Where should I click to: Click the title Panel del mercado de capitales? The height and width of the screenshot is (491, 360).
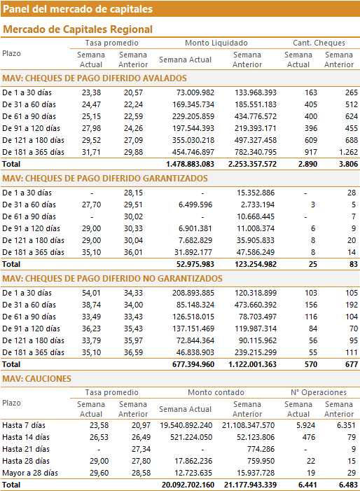[x=78, y=9]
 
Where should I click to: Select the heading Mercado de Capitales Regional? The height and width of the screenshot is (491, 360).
[x=78, y=29]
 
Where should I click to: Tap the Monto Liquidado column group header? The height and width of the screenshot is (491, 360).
[x=216, y=43]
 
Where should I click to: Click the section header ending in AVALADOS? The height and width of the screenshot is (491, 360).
[x=95, y=78]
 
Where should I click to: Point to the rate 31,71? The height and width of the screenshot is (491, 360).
[x=91, y=152]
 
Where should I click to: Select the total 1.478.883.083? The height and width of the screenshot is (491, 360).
[x=190, y=164]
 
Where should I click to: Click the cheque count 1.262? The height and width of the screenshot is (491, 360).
[x=348, y=152]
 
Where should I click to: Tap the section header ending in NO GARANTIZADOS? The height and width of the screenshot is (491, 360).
[x=112, y=279]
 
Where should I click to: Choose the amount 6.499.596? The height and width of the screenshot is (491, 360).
[x=195, y=205]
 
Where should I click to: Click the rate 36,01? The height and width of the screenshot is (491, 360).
[x=133, y=252]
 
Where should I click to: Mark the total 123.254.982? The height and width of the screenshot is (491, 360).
[x=256, y=264]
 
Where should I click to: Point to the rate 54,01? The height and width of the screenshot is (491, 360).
[x=91, y=293]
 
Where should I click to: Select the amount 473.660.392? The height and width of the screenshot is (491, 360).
[x=256, y=305]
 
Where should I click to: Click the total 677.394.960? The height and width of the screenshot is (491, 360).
[x=193, y=364]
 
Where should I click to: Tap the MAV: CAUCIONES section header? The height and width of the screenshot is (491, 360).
[x=36, y=379]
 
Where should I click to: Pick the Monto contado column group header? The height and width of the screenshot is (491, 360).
[x=216, y=392]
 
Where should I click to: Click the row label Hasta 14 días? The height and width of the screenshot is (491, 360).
[x=26, y=438]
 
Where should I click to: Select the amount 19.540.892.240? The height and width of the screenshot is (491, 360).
[x=186, y=426]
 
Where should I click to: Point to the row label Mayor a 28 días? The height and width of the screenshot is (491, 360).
[x=30, y=473]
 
